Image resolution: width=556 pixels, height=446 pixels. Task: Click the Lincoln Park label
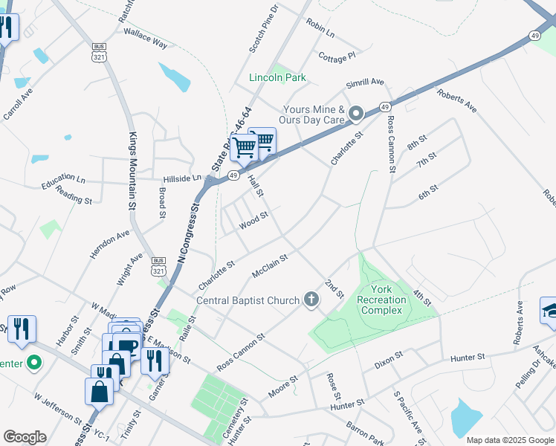point(277,77)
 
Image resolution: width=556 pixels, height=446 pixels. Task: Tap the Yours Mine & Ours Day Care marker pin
point(356,114)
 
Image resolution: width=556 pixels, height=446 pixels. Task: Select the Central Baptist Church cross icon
point(311,300)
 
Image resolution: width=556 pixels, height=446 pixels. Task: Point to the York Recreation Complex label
point(382,300)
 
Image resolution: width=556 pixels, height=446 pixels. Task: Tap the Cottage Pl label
point(337,56)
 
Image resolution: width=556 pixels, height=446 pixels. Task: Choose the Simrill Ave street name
point(364,83)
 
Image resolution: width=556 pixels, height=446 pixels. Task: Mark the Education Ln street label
point(63,180)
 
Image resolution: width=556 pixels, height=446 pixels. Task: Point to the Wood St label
point(253,222)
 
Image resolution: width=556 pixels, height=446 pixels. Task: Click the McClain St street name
point(270,264)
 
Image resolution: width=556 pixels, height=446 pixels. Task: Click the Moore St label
point(282,386)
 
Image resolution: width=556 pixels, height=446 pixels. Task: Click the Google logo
point(25,436)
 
